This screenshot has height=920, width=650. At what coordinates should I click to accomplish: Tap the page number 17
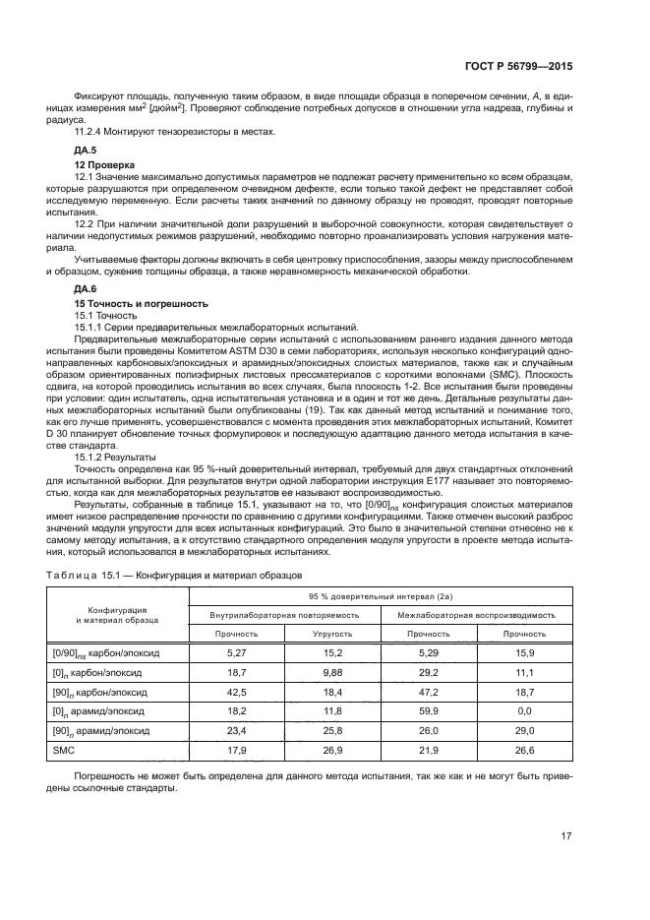[x=566, y=836]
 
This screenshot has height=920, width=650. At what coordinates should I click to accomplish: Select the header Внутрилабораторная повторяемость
[x=284, y=614]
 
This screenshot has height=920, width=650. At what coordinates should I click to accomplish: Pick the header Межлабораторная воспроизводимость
[x=476, y=614]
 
